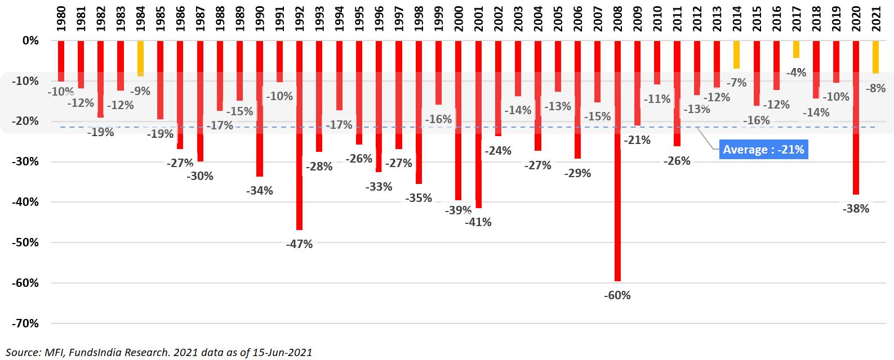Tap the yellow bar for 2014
tap(736, 55)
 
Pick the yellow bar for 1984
tap(140, 58)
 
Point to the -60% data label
tap(617, 295)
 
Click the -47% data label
tap(299, 244)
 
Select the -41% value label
tap(478, 222)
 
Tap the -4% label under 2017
tap(796, 73)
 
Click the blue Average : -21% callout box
tap(763, 150)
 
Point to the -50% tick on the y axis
tap(25, 242)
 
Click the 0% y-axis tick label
tap(30, 40)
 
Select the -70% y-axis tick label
tap(25, 323)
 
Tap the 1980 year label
tap(61, 19)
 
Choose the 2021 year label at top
tap(876, 19)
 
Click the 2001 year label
tap(479, 19)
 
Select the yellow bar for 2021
tap(875, 57)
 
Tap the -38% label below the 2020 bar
tap(856, 209)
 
